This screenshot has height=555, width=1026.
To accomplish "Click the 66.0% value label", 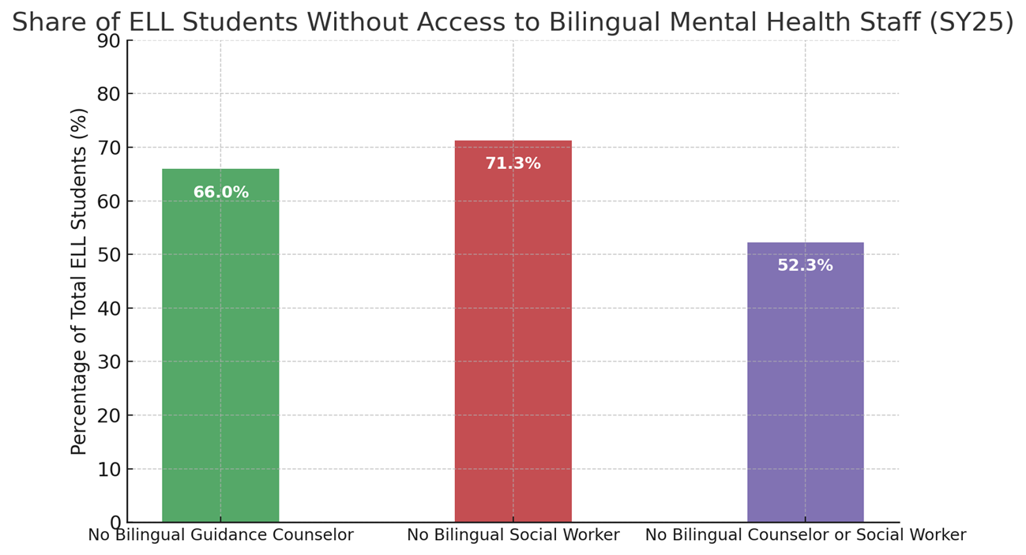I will pyautogui.click(x=220, y=193).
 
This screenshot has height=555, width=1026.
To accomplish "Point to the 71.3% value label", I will pyautogui.click(x=513, y=164).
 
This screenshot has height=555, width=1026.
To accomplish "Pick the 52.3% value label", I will pyautogui.click(x=805, y=266).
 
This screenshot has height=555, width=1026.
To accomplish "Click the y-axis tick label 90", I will pyautogui.click(x=109, y=41).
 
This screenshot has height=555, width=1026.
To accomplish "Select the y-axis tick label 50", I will pyautogui.click(x=109, y=255).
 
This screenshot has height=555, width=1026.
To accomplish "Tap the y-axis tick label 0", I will pyautogui.click(x=115, y=523).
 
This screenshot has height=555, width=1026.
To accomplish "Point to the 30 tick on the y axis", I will pyautogui.click(x=109, y=362).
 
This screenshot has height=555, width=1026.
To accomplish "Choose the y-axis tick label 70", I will pyautogui.click(x=109, y=148).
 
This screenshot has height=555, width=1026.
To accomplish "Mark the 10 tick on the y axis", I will pyautogui.click(x=109, y=470).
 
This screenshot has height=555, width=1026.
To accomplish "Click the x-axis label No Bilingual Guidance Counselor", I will pyautogui.click(x=220, y=535).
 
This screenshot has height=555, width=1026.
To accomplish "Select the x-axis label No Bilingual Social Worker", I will pyautogui.click(x=513, y=535).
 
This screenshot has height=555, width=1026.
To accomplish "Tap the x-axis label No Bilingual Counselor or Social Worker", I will pyautogui.click(x=805, y=535).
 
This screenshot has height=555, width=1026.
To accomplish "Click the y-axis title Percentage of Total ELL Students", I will pyautogui.click(x=80, y=281).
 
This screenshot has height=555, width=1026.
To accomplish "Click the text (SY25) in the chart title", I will pyautogui.click(x=971, y=23).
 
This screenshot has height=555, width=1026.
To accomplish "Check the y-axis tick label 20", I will pyautogui.click(x=109, y=416).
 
